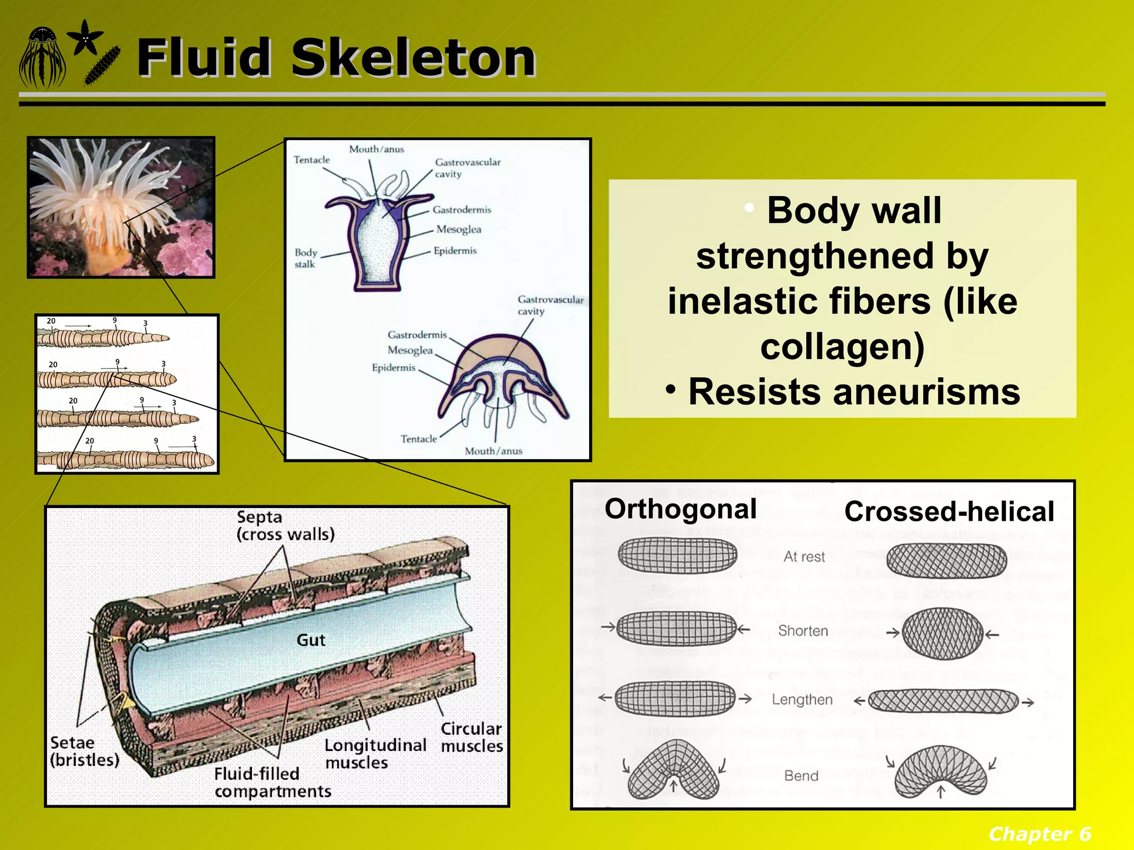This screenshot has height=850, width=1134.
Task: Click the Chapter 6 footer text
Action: coord(1039,833)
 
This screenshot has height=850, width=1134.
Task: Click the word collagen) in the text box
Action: coord(842,346)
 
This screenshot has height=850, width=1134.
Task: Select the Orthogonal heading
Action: coord(680,509)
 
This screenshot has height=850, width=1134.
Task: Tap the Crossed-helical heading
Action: coord(949,511)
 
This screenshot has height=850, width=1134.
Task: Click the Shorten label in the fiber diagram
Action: coord(803,631)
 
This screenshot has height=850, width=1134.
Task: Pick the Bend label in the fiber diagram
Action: coord(801,776)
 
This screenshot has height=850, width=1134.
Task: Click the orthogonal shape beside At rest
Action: coord(677,555)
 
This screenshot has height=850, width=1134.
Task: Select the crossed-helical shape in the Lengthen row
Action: coord(943,701)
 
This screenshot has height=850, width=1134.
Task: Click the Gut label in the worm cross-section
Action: coord(311,640)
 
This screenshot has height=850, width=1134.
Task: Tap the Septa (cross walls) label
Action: coord(285,526)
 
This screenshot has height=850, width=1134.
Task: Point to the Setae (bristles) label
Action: coord(84,751)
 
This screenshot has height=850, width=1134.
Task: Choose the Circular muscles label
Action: coord(471,737)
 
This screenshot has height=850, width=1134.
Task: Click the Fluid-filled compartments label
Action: coord(272,782)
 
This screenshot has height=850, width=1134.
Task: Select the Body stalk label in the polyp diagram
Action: coord(305,258)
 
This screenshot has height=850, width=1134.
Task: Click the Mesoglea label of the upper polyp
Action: coord(458,229)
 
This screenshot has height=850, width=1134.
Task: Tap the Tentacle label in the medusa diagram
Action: coord(419,439)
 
